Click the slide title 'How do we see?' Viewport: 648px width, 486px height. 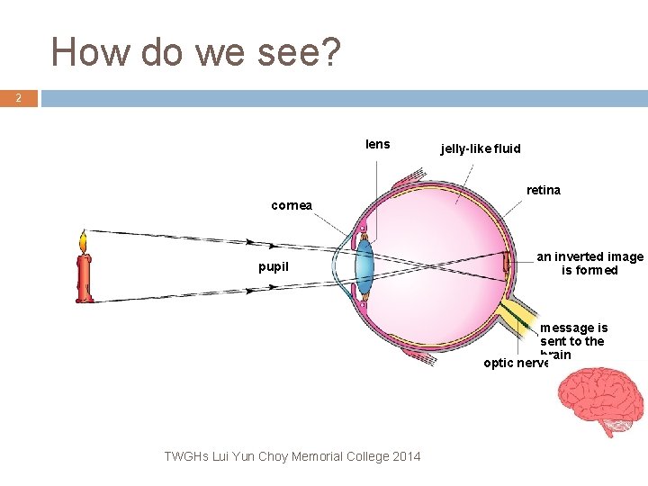(x=196, y=52)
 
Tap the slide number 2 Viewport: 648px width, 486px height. (x=18, y=99)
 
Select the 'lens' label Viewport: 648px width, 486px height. (x=378, y=144)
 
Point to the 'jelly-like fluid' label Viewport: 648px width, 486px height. (x=481, y=148)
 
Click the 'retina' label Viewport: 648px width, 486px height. (x=543, y=190)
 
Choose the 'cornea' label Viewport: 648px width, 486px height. (x=292, y=205)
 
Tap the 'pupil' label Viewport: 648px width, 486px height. (x=274, y=266)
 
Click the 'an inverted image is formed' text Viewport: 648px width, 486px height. (x=589, y=264)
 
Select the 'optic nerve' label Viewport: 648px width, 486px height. (x=515, y=364)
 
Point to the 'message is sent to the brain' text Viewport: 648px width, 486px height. (x=573, y=340)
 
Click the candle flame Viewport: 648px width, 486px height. (x=84, y=242)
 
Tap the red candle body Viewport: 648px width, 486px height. (x=85, y=280)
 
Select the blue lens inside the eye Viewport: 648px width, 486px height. (x=364, y=266)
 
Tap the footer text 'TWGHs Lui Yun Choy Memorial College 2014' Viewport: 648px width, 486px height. (x=292, y=456)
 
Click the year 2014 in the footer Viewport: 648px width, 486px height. (x=405, y=456)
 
